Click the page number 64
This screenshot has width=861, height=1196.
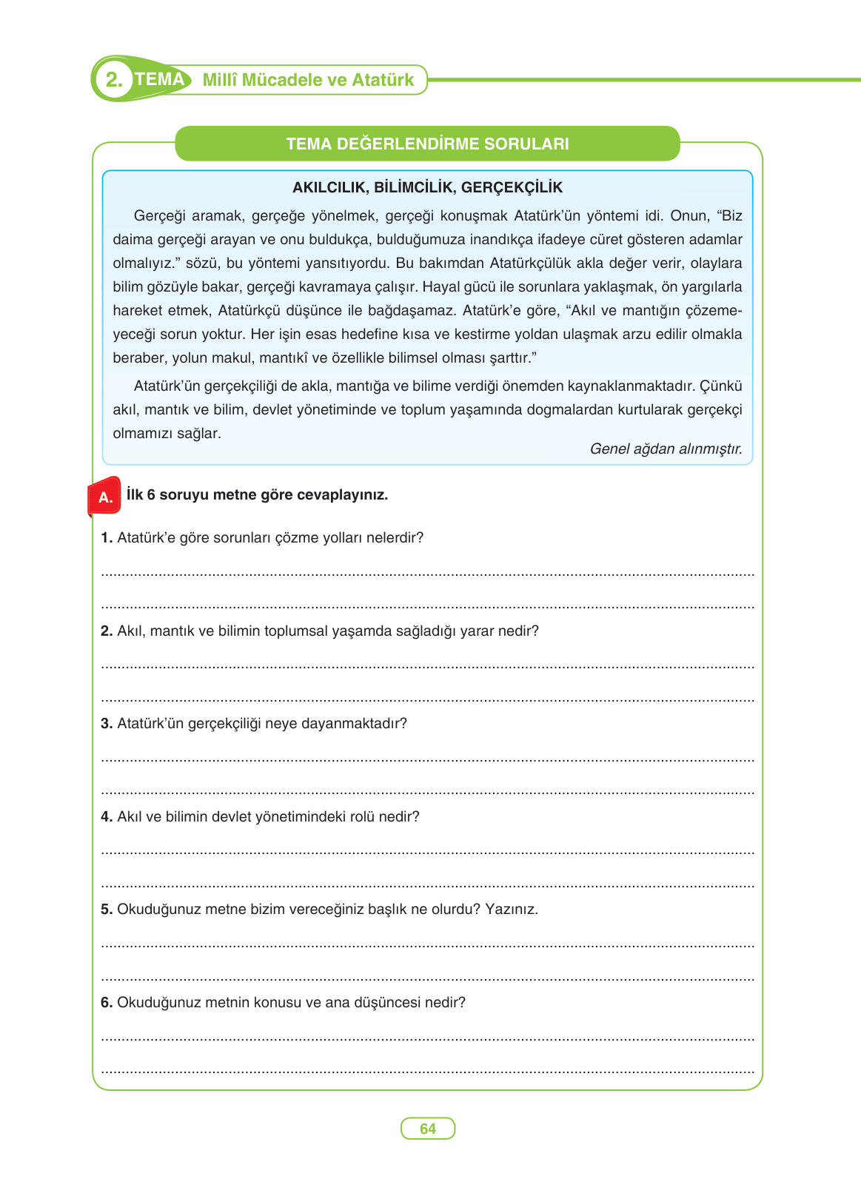coord(427,1129)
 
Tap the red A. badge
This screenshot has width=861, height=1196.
coord(105,497)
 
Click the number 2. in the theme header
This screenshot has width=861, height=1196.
coord(114,80)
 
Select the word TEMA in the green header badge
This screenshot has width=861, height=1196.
coord(160,79)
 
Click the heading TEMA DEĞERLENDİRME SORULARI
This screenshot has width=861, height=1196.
coord(427,144)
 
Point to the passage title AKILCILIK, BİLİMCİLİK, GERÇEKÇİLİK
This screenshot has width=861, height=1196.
coord(427,187)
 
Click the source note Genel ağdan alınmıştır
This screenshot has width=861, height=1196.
coord(666,448)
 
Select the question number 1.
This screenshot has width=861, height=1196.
coord(107,537)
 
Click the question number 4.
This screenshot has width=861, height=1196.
coord(107,816)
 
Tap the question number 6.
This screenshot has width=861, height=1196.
coord(107,1002)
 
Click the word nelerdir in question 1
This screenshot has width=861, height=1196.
coord(396,537)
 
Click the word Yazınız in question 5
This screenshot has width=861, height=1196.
coord(510,909)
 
